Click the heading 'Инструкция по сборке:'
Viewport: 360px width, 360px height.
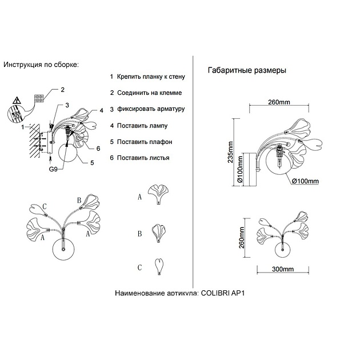click(x=41, y=65)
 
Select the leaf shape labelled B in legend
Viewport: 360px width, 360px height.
click(x=158, y=233)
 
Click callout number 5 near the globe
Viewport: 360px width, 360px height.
click(x=92, y=162)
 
